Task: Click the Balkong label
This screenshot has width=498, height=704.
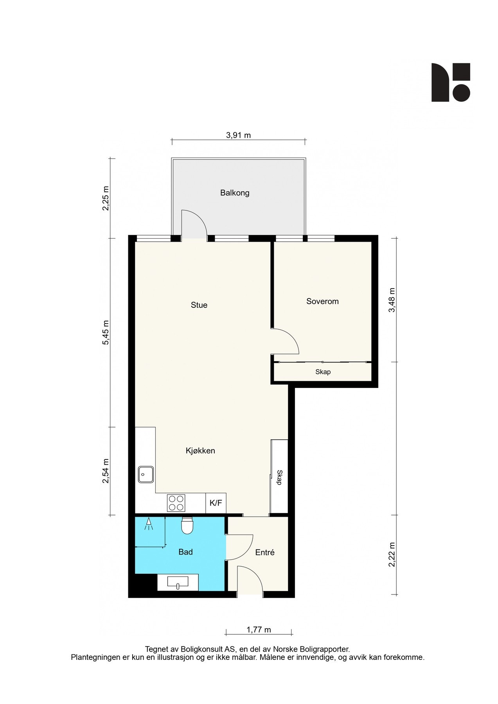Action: click(235, 193)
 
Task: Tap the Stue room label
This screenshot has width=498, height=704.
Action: click(199, 305)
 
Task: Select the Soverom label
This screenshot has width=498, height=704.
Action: click(322, 301)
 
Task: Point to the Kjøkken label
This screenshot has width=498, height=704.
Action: click(200, 451)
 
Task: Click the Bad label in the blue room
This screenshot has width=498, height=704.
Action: click(185, 552)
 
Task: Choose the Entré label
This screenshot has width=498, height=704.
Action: click(265, 552)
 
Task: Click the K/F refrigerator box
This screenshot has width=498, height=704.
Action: click(216, 503)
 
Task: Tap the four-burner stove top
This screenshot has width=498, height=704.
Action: click(176, 503)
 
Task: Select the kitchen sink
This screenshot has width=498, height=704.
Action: click(146, 474)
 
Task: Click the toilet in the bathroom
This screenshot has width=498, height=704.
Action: click(187, 526)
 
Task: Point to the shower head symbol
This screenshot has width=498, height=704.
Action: click(149, 524)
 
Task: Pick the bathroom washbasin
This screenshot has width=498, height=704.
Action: click(178, 582)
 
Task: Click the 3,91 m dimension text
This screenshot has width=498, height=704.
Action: click(238, 135)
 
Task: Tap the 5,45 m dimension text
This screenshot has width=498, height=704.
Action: click(106, 332)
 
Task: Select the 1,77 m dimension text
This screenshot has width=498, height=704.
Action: click(259, 630)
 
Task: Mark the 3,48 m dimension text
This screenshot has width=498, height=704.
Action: click(392, 300)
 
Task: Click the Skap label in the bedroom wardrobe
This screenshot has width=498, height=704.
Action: click(323, 372)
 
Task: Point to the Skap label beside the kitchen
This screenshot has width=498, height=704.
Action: click(279, 477)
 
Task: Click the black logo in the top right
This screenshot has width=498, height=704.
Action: click(451, 83)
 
